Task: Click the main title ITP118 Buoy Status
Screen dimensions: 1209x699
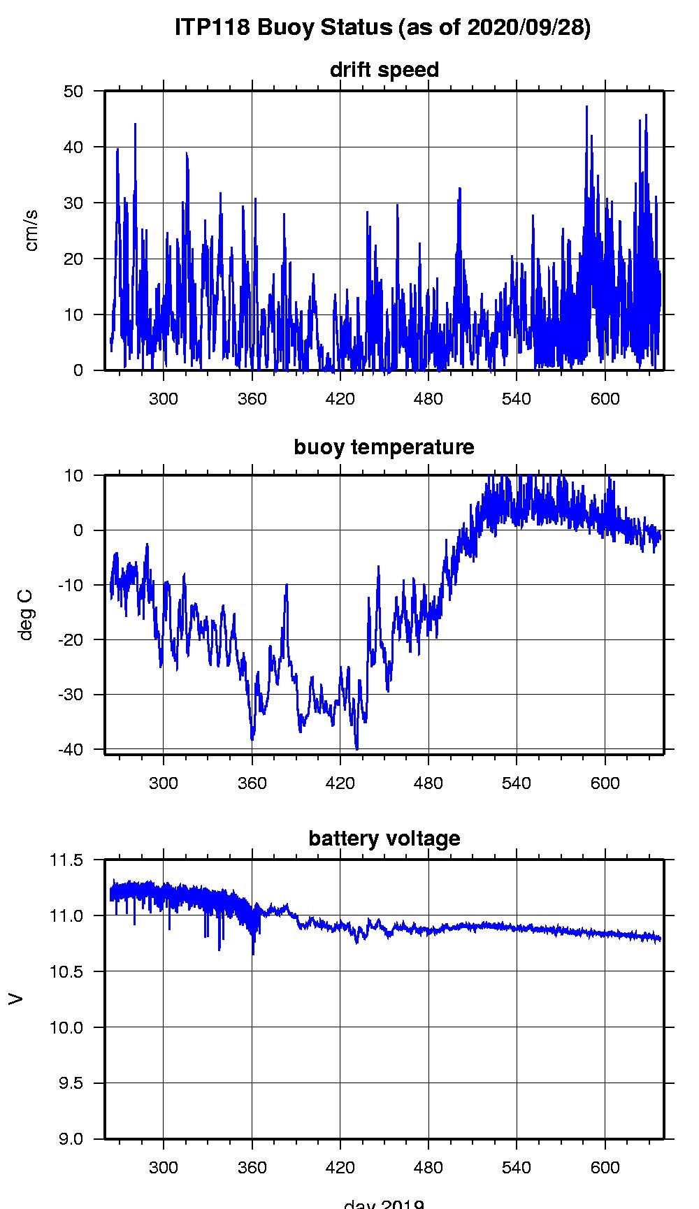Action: click(x=382, y=27)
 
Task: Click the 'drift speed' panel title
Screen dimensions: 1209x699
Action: click(x=384, y=70)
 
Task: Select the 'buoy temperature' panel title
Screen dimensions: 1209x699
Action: click(x=384, y=447)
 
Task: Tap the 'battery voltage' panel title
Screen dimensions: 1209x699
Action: click(x=384, y=838)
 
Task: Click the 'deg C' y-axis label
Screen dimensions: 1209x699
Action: click(x=26, y=614)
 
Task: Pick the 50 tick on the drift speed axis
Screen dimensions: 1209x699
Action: click(x=69, y=92)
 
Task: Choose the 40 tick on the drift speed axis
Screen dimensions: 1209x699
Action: click(x=69, y=147)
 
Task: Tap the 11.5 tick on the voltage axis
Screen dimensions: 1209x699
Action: click(x=64, y=860)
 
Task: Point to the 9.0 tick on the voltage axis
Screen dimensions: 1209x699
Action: click(x=68, y=1139)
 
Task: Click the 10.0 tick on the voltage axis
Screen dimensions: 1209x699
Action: click(x=64, y=1027)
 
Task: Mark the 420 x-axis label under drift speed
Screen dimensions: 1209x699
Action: click(x=340, y=399)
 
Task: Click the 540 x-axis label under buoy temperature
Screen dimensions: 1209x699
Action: click(x=517, y=783)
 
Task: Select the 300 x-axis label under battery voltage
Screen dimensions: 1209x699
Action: click(x=164, y=1168)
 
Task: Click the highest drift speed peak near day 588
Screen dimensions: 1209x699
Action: click(x=586, y=107)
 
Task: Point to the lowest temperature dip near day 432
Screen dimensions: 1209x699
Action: click(x=357, y=748)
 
